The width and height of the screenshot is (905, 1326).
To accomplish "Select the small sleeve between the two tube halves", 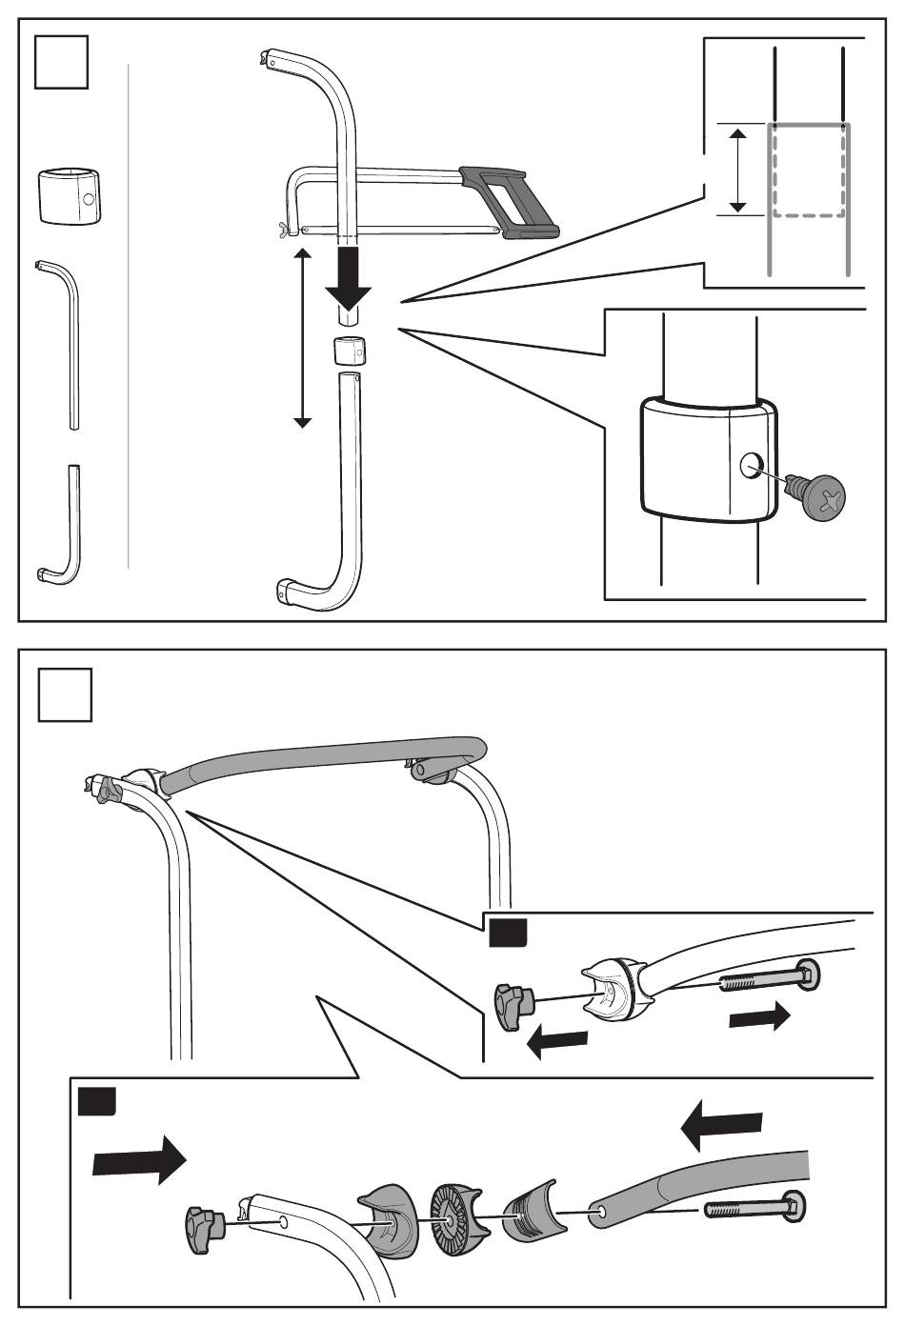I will pos(350,351).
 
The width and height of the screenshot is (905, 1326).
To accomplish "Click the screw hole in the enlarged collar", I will pos(752,466).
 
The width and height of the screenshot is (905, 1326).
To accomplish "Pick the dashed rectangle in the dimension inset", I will pos(808,170).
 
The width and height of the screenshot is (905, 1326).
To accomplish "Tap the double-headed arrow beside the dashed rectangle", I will pos(736,171).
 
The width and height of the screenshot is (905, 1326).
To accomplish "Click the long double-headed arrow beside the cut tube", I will pos(302,338).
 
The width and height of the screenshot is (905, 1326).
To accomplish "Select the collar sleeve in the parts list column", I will pos(70,195).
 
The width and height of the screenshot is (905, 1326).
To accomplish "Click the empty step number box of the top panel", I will pos(62,62).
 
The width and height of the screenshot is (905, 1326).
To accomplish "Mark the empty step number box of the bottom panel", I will pos(66,693).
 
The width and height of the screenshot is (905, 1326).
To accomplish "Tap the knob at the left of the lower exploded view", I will pos(203,1220).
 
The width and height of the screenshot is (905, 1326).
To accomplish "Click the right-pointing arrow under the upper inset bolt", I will pos(759,1017).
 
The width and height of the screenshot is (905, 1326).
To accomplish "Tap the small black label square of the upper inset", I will pos(507,934).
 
